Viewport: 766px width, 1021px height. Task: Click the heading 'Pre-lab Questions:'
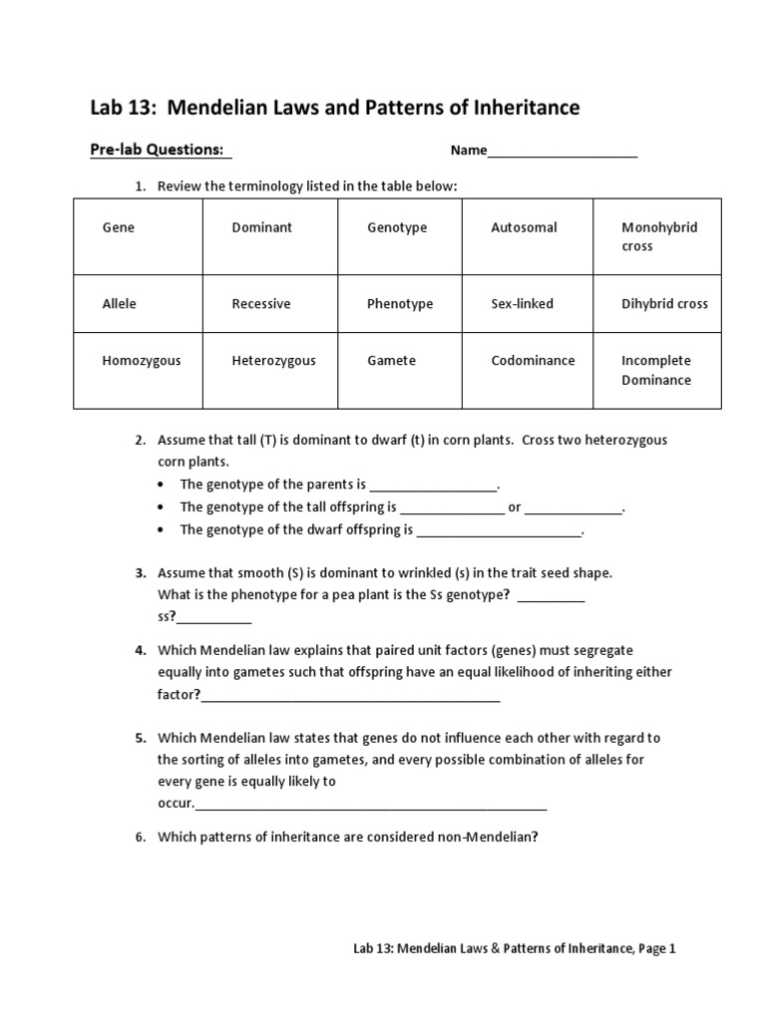(158, 150)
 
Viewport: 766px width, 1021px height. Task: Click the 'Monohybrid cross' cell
(658, 237)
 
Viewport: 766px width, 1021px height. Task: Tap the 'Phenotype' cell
(400, 303)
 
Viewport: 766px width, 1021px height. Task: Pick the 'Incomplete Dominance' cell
(656, 370)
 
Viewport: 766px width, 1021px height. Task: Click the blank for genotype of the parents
(432, 487)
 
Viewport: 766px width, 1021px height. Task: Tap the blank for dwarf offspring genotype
(498, 532)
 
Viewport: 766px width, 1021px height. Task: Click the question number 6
(141, 837)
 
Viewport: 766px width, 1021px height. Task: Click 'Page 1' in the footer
(657, 949)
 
